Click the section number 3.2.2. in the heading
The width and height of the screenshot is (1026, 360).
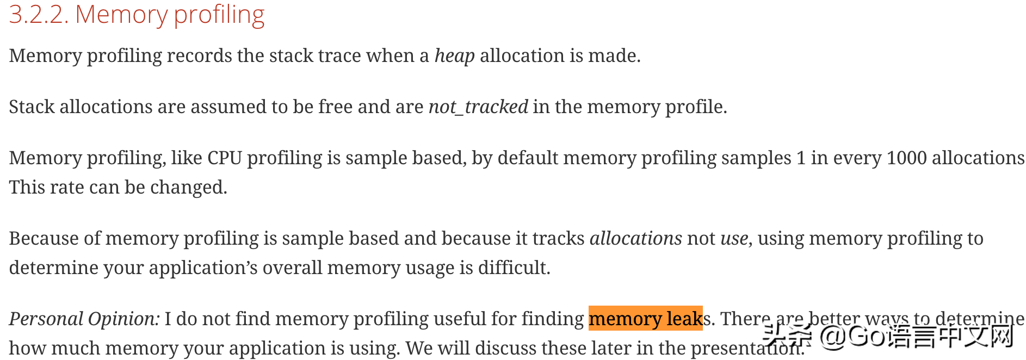tap(39, 15)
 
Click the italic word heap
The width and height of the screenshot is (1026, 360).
tap(454, 56)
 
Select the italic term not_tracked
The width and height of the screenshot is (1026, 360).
tap(478, 107)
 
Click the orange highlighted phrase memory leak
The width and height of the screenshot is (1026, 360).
tap(645, 319)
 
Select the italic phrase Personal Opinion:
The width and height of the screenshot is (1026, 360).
tap(84, 319)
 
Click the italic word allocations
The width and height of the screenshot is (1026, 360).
tap(635, 239)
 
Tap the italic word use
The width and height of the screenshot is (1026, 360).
tap(734, 239)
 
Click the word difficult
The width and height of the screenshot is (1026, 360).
tap(514, 268)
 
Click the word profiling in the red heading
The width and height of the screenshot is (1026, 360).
tap(219, 15)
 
